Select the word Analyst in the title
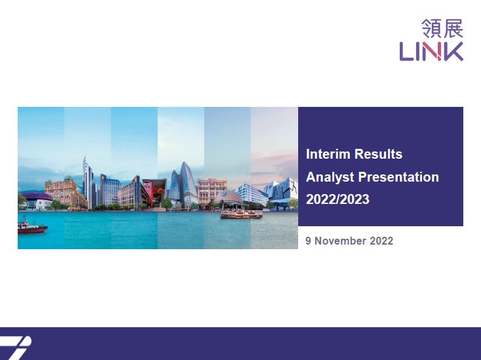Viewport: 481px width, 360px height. click(330, 178)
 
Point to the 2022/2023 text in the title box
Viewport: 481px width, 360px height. click(337, 199)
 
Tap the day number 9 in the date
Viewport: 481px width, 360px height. click(308, 241)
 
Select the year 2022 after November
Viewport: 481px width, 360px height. click(381, 241)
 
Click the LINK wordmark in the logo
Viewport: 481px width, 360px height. click(431, 52)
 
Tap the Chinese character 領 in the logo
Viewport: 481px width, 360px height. click(431, 28)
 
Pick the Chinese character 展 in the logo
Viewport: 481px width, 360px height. click(453, 28)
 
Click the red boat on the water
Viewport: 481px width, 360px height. click(32, 227)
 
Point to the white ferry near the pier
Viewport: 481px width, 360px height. click(241, 214)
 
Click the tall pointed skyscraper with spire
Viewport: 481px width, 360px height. click(88, 184)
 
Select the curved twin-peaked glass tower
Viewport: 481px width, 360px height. click(183, 185)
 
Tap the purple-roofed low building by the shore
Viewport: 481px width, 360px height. click(36, 201)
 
